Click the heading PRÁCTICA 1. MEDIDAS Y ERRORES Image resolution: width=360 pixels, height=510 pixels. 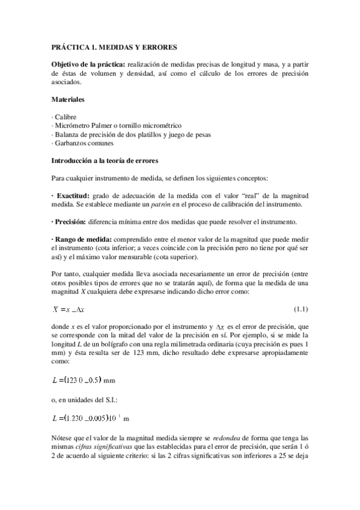pos(114,47)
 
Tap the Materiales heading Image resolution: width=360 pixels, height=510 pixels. pos(67,98)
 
